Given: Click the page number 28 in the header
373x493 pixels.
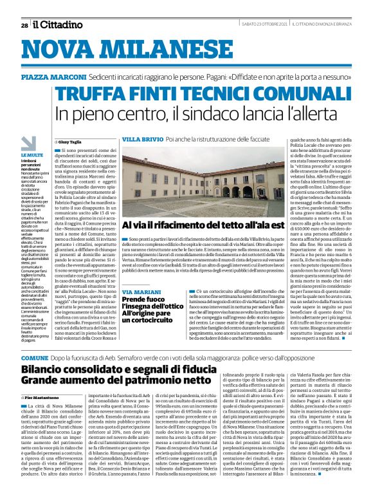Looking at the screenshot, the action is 24,26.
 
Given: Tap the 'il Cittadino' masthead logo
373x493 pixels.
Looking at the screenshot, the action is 54,25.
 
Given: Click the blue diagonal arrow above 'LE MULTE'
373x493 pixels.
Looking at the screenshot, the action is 28,143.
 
